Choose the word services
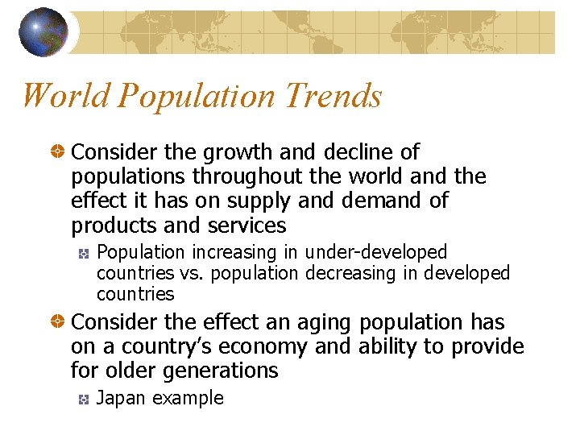point(247,225)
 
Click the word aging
point(325,323)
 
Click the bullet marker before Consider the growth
point(57,152)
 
